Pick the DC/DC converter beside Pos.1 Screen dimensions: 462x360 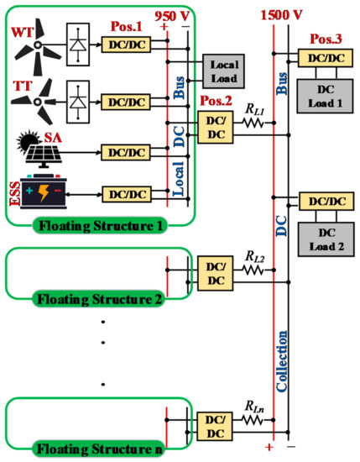tap(123, 42)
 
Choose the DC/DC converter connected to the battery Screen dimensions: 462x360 tap(123, 194)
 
